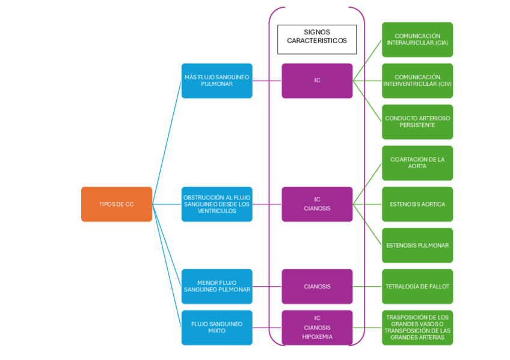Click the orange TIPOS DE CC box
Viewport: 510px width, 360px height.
coord(117,204)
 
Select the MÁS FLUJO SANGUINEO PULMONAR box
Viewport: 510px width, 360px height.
coord(217,81)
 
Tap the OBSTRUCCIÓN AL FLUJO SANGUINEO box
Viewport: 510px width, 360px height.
coord(217,204)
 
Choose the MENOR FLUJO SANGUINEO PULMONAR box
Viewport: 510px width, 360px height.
coord(217,286)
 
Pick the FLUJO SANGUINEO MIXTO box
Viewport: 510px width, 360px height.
coord(217,328)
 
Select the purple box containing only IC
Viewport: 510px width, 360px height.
coord(317,81)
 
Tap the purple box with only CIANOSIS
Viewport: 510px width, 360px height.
coord(317,286)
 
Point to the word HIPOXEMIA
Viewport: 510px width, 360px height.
coord(317,337)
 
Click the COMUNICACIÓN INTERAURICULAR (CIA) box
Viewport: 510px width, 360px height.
coord(417,40)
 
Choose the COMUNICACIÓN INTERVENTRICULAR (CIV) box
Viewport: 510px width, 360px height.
coord(417,81)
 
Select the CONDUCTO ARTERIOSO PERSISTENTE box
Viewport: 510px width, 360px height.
coord(417,122)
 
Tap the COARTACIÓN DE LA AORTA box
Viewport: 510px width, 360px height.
coord(417,163)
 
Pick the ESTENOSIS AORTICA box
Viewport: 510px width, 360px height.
coord(417,204)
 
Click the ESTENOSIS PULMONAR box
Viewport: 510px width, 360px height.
coord(417,245)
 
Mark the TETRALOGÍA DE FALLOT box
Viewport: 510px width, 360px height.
coord(417,286)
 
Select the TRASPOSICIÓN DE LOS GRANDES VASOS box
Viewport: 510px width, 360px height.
coord(417,328)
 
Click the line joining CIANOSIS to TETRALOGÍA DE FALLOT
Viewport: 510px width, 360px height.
coord(367,286)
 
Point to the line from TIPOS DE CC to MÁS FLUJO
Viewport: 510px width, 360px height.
coord(167,142)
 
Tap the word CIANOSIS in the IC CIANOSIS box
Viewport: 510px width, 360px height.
coord(317,209)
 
